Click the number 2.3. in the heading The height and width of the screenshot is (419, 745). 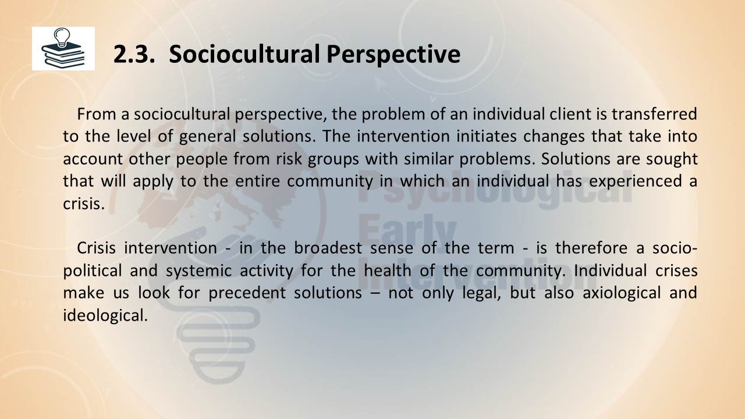point(134,55)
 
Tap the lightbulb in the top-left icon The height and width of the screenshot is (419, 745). point(62,37)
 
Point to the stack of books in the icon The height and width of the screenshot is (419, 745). point(63,55)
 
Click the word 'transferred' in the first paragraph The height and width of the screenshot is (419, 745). point(654,115)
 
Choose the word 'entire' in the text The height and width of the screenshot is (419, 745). point(257,181)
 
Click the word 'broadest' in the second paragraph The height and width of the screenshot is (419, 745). point(328,248)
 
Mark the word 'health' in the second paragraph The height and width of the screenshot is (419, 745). point(388,271)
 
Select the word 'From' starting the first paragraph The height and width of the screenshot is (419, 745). point(97,115)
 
